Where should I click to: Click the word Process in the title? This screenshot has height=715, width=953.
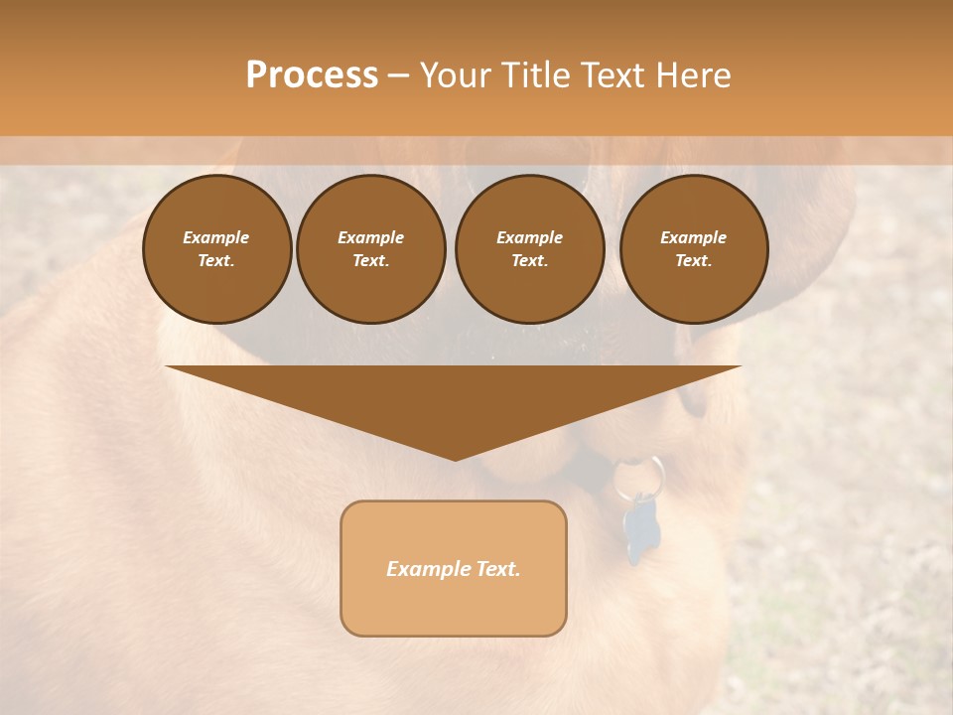312,75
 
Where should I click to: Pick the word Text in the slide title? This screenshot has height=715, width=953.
613,75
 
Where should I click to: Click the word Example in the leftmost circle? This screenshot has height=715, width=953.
216,237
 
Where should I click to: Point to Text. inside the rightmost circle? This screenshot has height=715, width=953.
694,260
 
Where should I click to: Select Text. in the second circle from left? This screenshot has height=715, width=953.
370,260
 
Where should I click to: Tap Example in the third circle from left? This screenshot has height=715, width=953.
529,237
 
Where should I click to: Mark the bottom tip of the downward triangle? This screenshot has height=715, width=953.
454,459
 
